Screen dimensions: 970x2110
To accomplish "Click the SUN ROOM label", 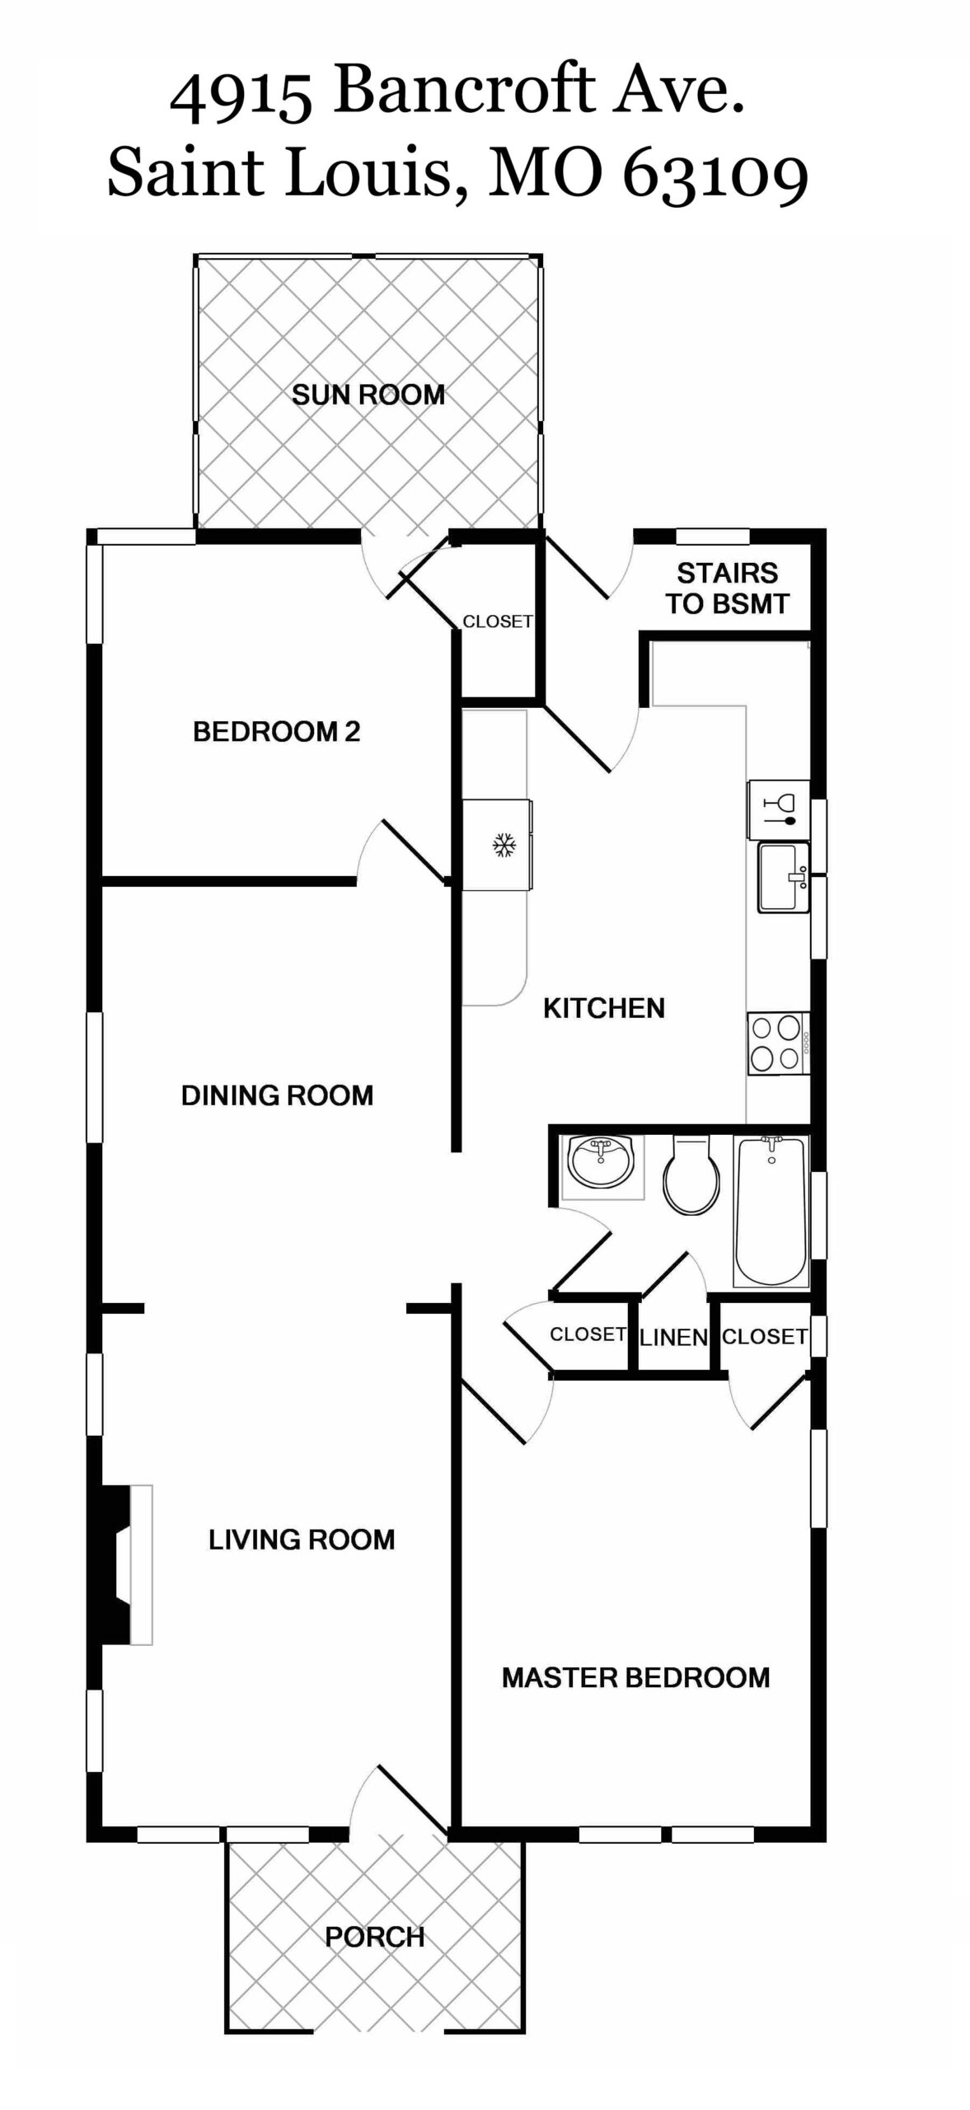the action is (368, 395).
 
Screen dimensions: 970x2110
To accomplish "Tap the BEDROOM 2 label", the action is (277, 732).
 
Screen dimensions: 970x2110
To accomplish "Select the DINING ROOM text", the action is (277, 1095).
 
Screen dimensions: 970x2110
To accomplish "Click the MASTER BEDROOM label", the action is (635, 1678).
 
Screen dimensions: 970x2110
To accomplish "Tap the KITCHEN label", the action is (604, 1008).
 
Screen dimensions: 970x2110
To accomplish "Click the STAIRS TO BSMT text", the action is (728, 588).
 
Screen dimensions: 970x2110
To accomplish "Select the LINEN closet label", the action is (673, 1337).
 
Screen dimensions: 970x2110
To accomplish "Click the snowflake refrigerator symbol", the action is (504, 845).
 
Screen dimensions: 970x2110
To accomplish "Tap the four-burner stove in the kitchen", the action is (778, 1043).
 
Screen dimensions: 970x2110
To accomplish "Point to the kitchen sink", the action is (783, 877).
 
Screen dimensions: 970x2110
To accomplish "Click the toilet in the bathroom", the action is (691, 1175).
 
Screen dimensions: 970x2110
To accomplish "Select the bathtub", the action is (771, 1211).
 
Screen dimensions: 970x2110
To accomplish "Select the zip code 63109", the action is (715, 176).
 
